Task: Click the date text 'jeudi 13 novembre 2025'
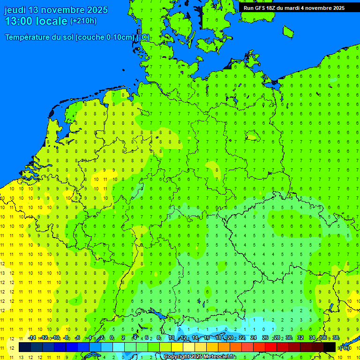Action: [56, 10]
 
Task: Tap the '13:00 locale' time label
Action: [36, 21]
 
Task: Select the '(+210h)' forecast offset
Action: [83, 21]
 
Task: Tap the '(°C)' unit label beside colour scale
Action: [345, 348]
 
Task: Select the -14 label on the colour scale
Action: [32, 337]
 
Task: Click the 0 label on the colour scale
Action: [112, 337]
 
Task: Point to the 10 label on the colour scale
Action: [172, 337]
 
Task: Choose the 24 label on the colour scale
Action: [254, 337]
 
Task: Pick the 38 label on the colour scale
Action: [336, 337]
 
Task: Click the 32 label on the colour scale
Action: [300, 337]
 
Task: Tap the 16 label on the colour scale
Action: [207, 337]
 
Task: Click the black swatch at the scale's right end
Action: [330, 347]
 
